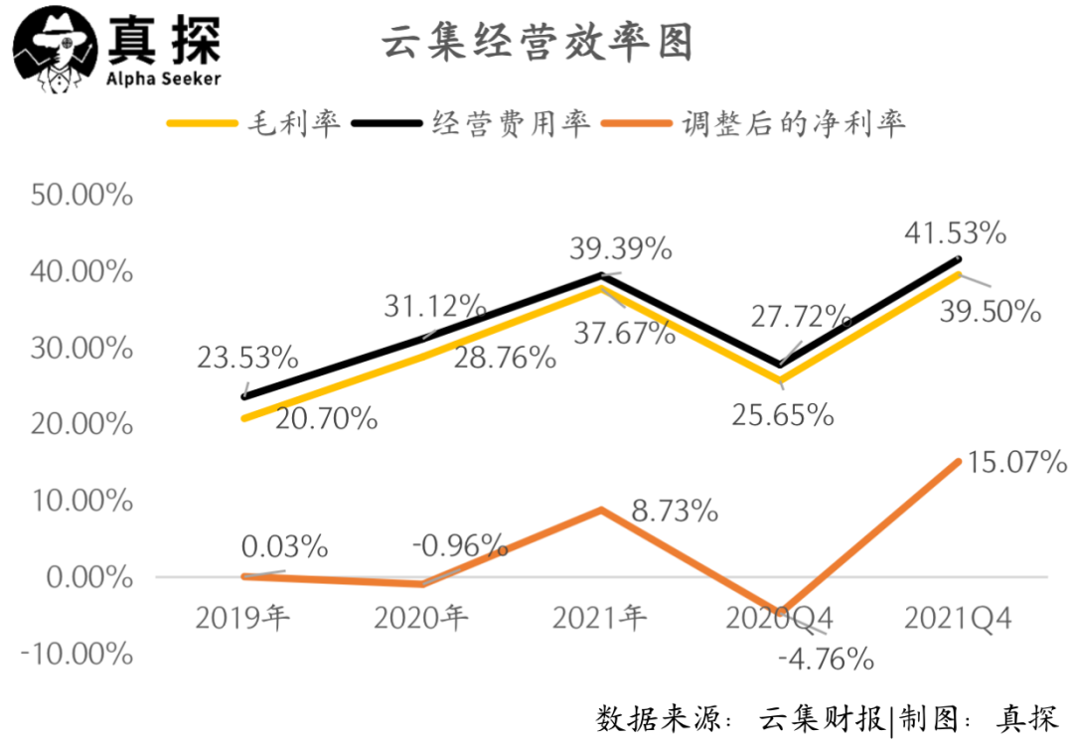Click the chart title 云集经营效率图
(x=536, y=43)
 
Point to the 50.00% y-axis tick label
(x=82, y=195)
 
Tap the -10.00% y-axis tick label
(x=80, y=654)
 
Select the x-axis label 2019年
(x=242, y=619)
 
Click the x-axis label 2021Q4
(x=958, y=619)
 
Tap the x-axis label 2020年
(x=421, y=619)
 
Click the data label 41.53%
(x=955, y=234)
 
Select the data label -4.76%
(x=826, y=658)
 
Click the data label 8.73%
(x=674, y=512)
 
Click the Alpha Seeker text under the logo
(x=163, y=78)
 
